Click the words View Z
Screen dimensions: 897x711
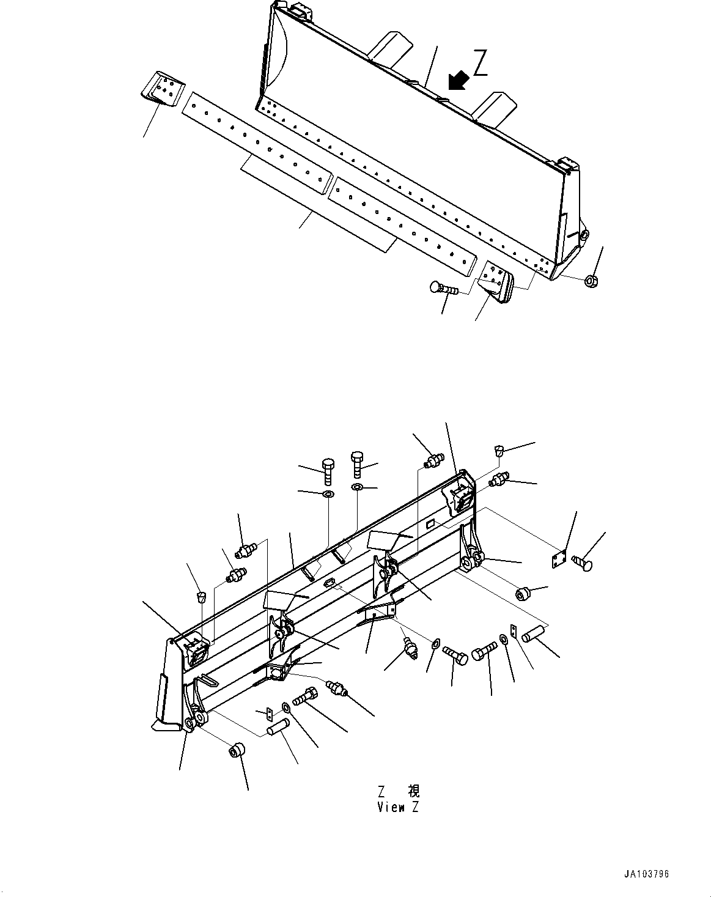tap(398, 807)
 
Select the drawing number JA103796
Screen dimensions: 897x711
tap(646, 874)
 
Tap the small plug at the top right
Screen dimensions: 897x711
tap(498, 451)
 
